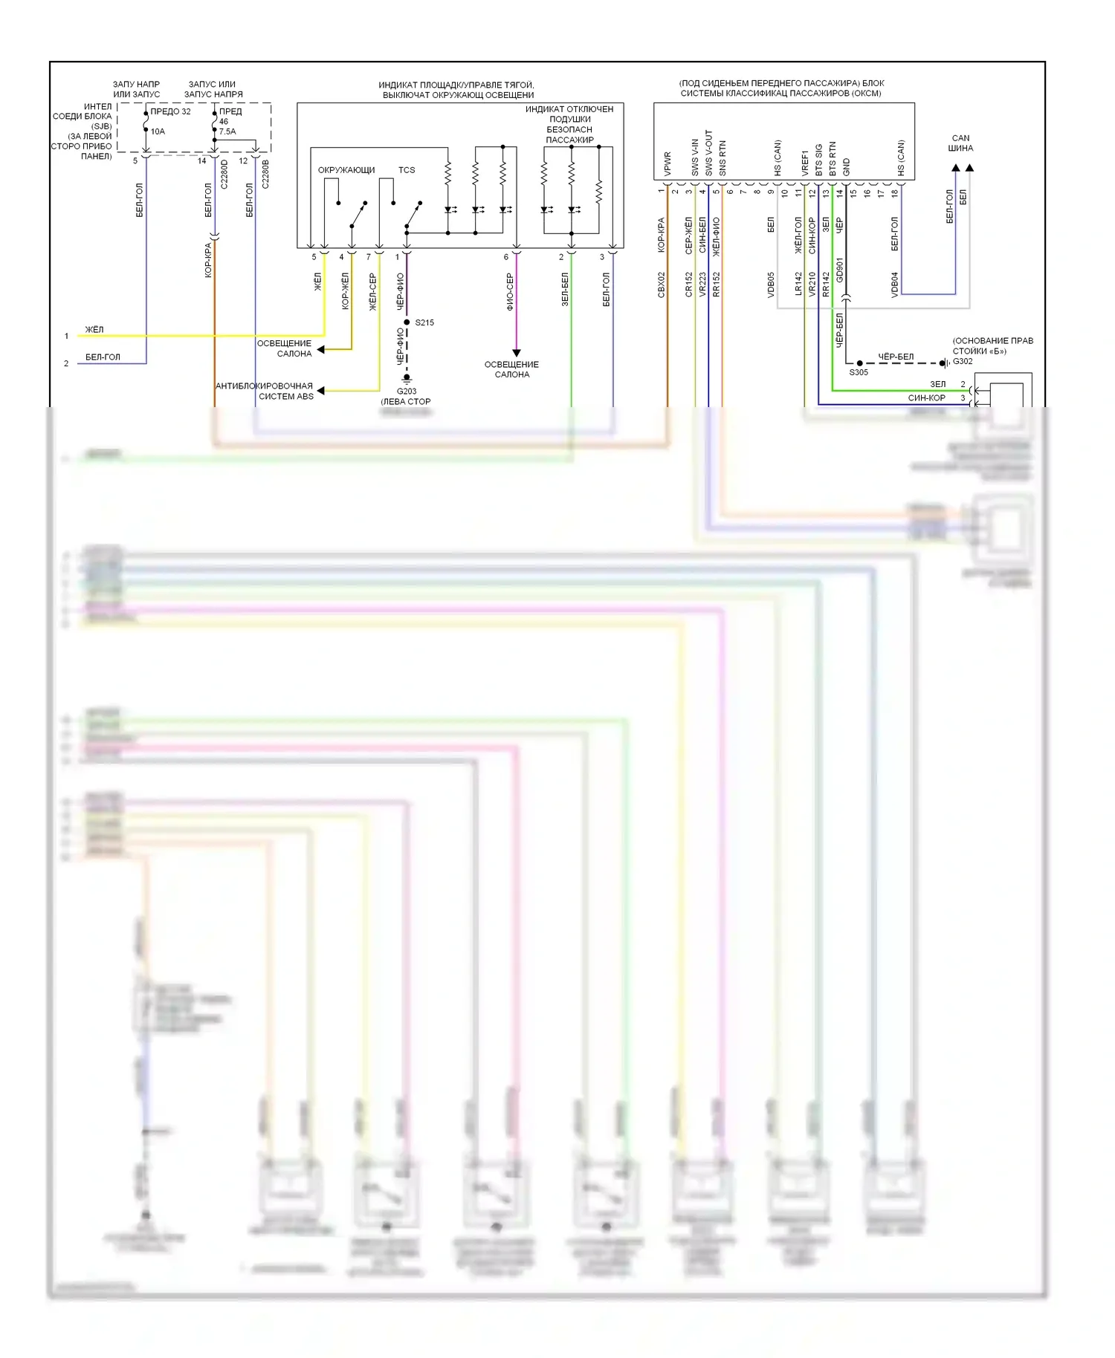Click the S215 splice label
tap(424, 322)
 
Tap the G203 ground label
tap(407, 391)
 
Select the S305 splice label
tap(859, 372)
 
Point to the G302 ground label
tap(963, 361)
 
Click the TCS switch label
tap(407, 170)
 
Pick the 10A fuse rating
tap(158, 131)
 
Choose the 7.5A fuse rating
tap(227, 131)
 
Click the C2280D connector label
tap(224, 174)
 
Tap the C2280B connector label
tap(265, 174)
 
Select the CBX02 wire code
tap(662, 285)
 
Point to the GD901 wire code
tap(840, 270)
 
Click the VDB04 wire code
tap(895, 285)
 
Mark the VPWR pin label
tap(668, 164)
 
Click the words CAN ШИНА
tap(960, 143)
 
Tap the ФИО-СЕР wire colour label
tap(510, 291)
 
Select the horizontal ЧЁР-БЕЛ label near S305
tap(896, 357)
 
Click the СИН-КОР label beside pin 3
tap(926, 398)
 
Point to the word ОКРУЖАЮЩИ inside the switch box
tap(346, 170)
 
